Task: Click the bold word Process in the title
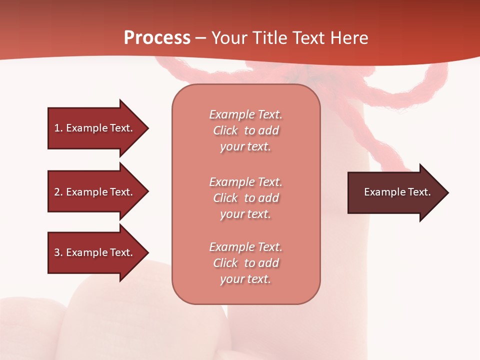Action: [157, 38]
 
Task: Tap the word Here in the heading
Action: [349, 38]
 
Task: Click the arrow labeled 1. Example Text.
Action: [95, 128]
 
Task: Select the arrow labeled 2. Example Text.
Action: [95, 192]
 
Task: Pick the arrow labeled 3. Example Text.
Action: [95, 252]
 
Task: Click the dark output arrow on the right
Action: [395, 192]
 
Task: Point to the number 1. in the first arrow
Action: [58, 128]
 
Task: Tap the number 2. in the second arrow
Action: [58, 192]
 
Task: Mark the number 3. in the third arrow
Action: [58, 253]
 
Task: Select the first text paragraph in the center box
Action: [245, 130]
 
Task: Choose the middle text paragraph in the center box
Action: [245, 198]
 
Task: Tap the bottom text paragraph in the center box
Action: [245, 263]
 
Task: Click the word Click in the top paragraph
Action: [225, 131]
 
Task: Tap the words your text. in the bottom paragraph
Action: [245, 279]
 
